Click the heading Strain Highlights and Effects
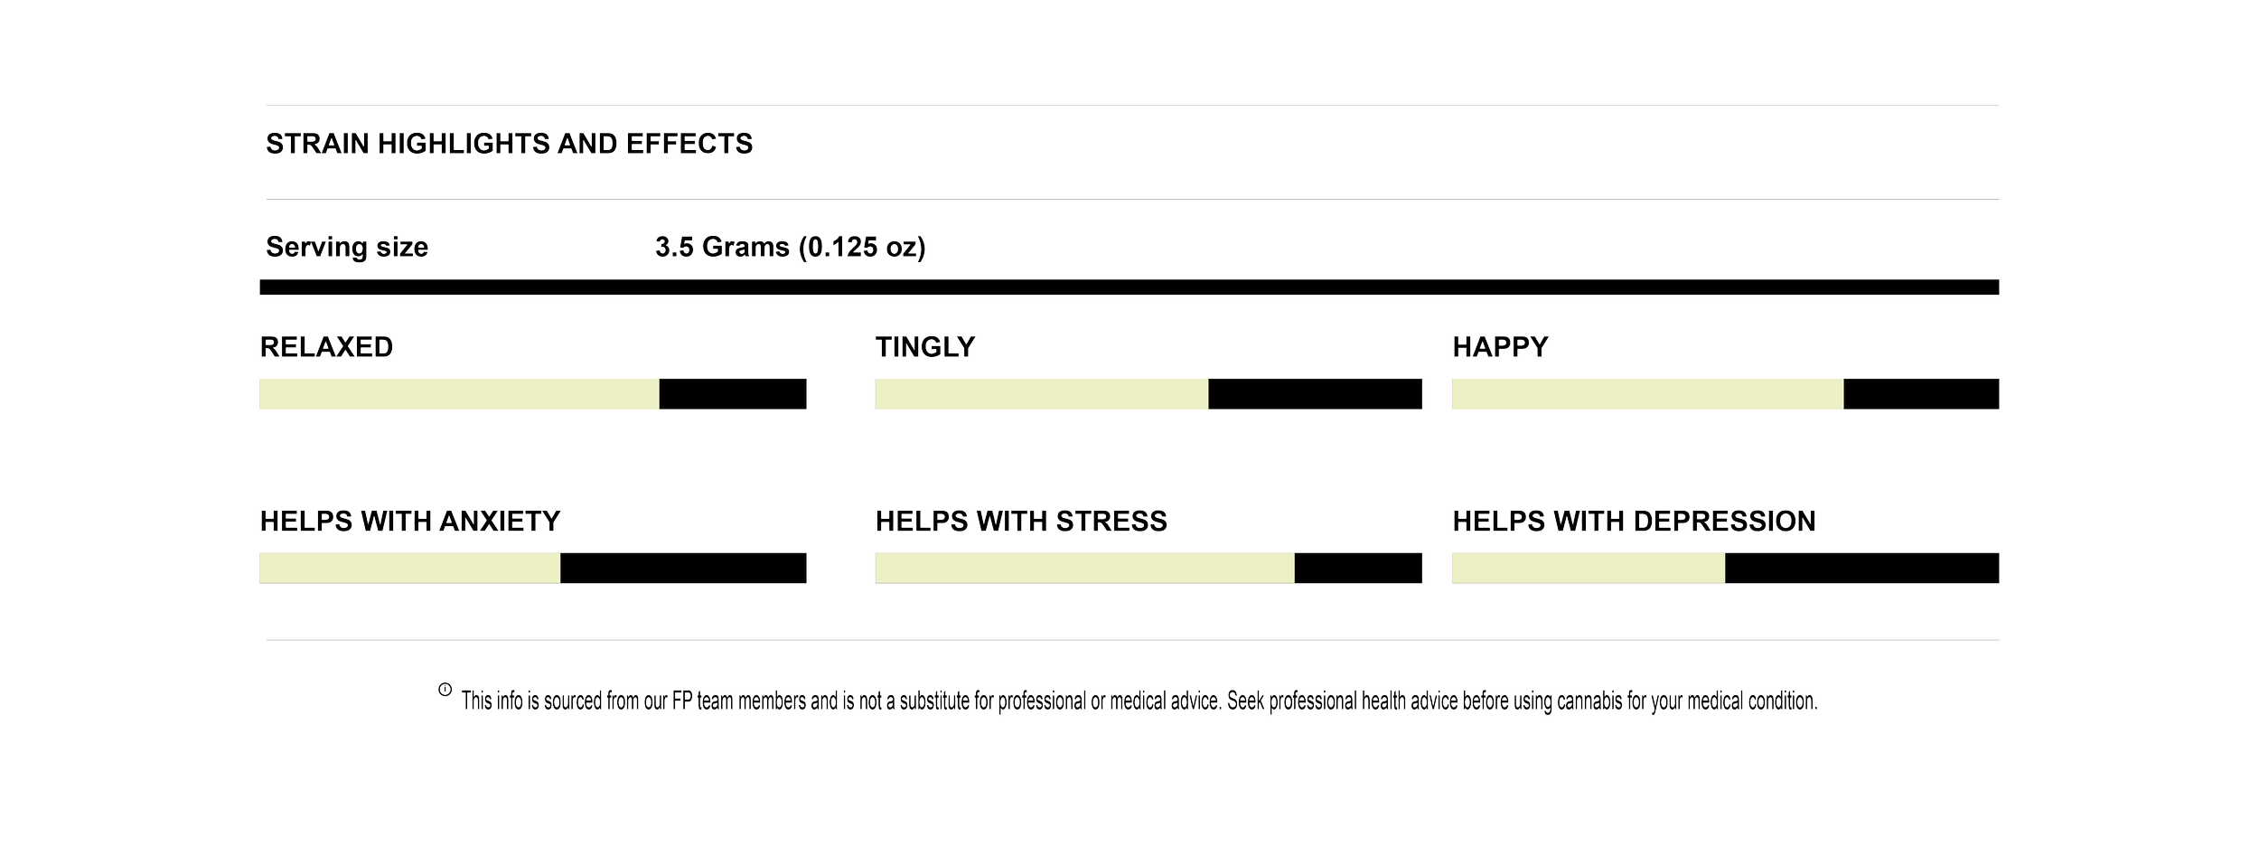(509, 145)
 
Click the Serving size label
(347, 248)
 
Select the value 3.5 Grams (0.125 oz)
(791, 248)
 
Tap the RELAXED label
(327, 348)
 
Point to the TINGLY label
(925, 348)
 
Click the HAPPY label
(1501, 348)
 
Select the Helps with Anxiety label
(410, 522)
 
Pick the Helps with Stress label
(1021, 522)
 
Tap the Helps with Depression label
(1634, 522)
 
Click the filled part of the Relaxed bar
(459, 395)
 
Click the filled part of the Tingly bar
(1041, 395)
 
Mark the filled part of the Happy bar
(1647, 395)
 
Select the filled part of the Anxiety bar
(409, 569)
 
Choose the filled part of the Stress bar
(1084, 569)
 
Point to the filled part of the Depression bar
(1588, 569)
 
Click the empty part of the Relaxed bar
(733, 395)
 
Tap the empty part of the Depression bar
(1861, 569)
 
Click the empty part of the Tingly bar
(1315, 395)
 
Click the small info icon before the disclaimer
(445, 691)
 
